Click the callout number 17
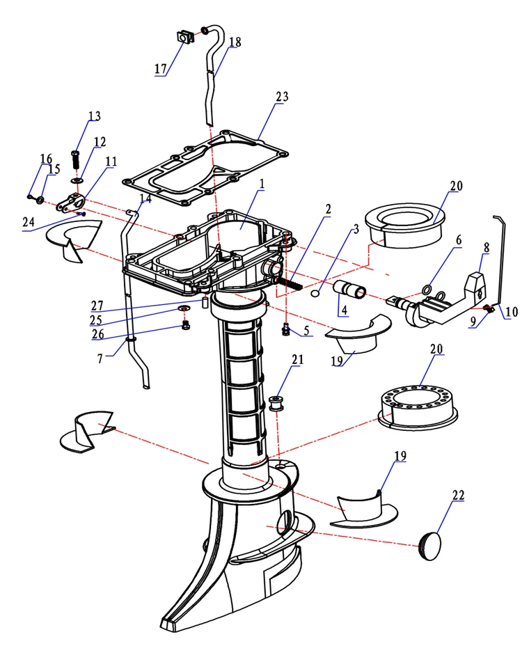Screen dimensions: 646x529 161,69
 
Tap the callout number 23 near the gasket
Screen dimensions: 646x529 281,98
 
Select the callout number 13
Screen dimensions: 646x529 94,116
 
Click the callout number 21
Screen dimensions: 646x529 298,360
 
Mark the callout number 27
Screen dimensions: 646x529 97,305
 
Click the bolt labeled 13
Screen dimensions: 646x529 76,157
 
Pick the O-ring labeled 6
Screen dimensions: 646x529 427,289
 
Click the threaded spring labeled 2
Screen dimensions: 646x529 294,283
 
